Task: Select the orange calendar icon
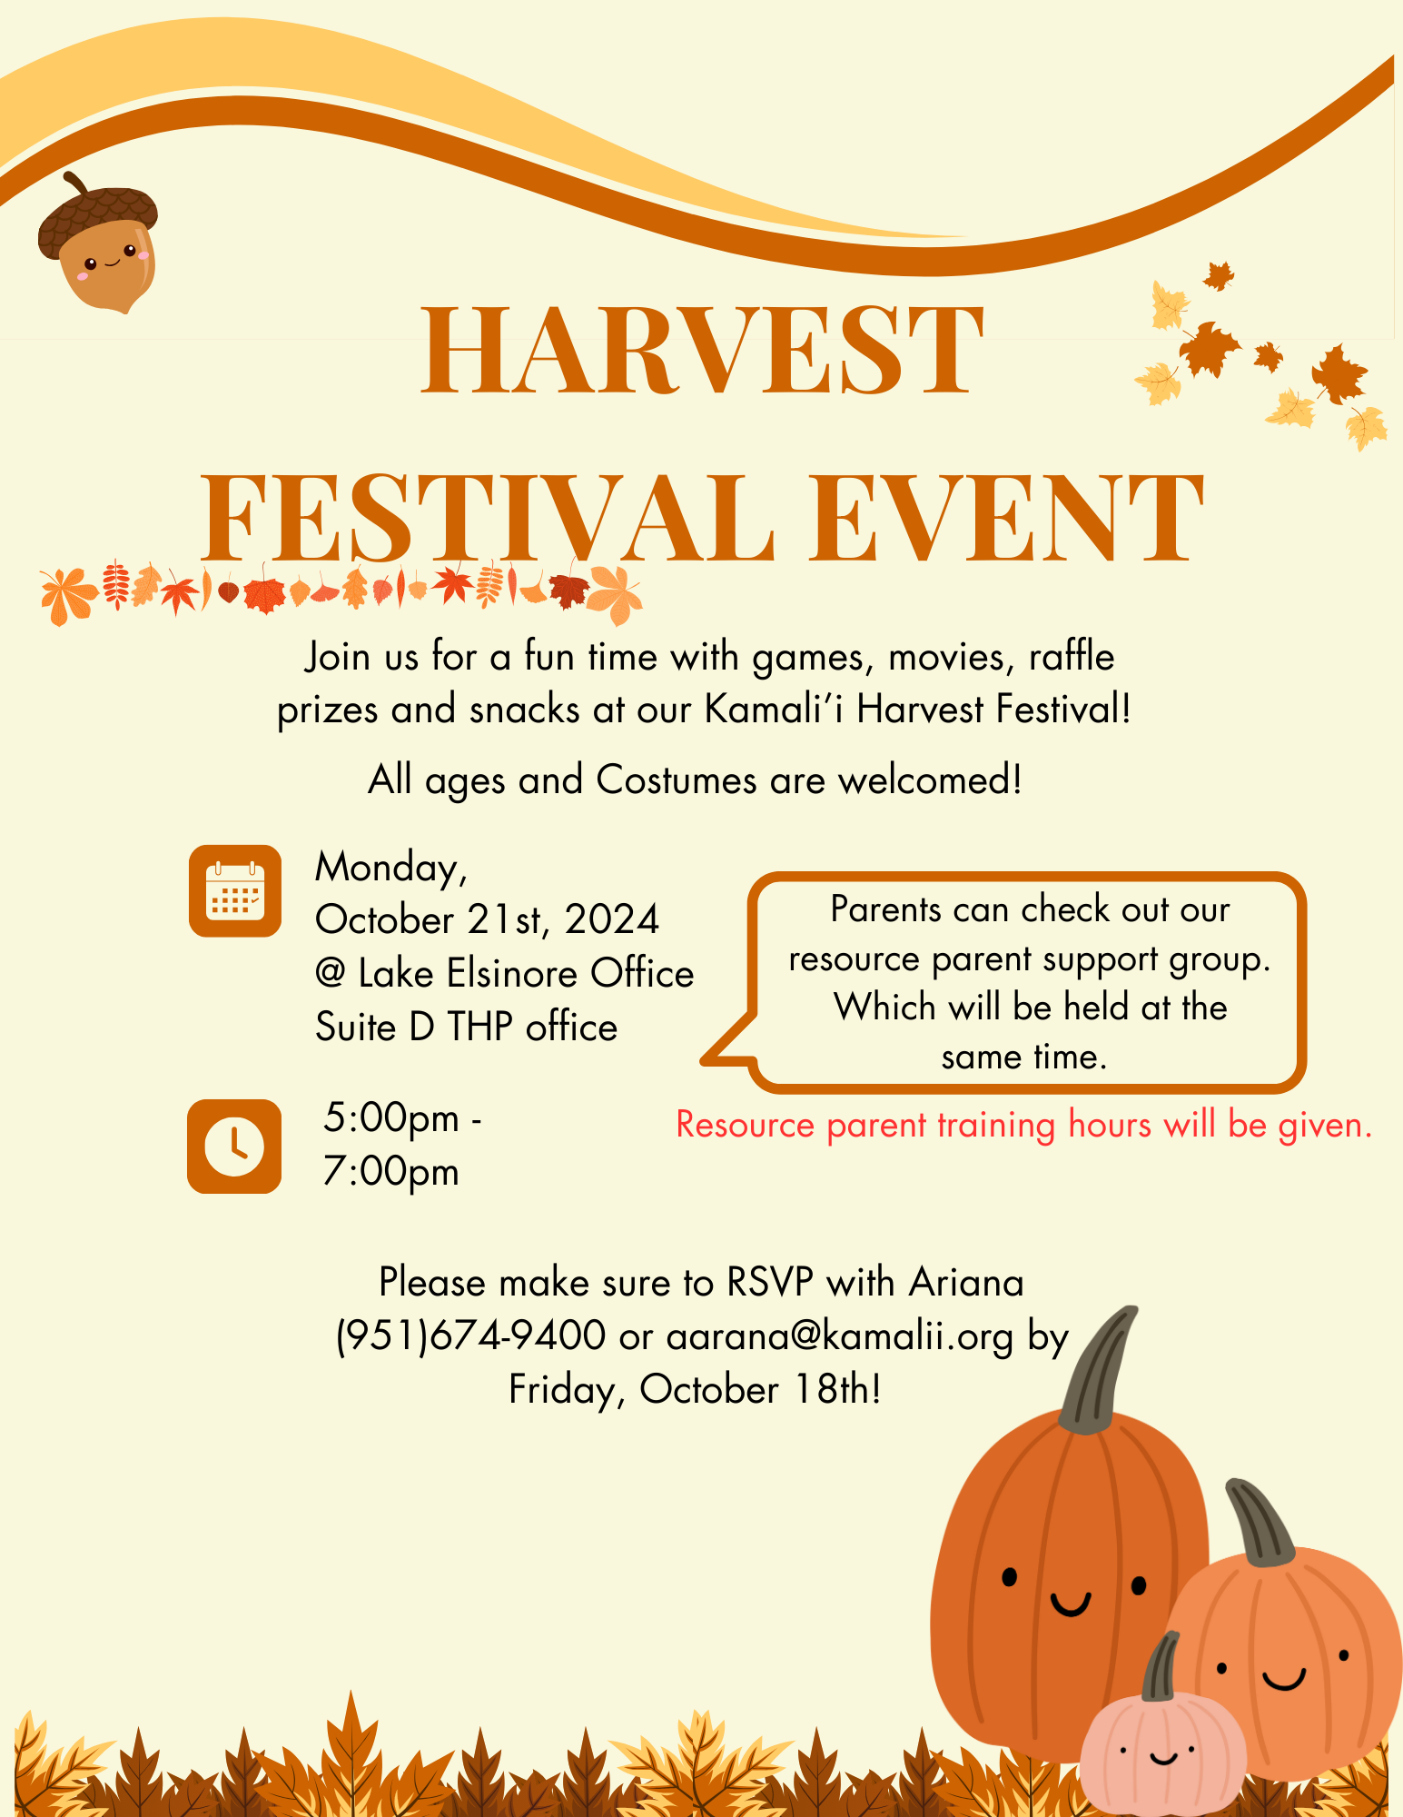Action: pos(235,890)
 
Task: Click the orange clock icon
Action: pos(234,1147)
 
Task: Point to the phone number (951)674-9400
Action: pos(470,1336)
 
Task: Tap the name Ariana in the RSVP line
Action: pos(966,1282)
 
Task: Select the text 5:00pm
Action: pos(391,1118)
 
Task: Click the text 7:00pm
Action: pos(391,1172)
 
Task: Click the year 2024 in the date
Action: pos(612,919)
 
